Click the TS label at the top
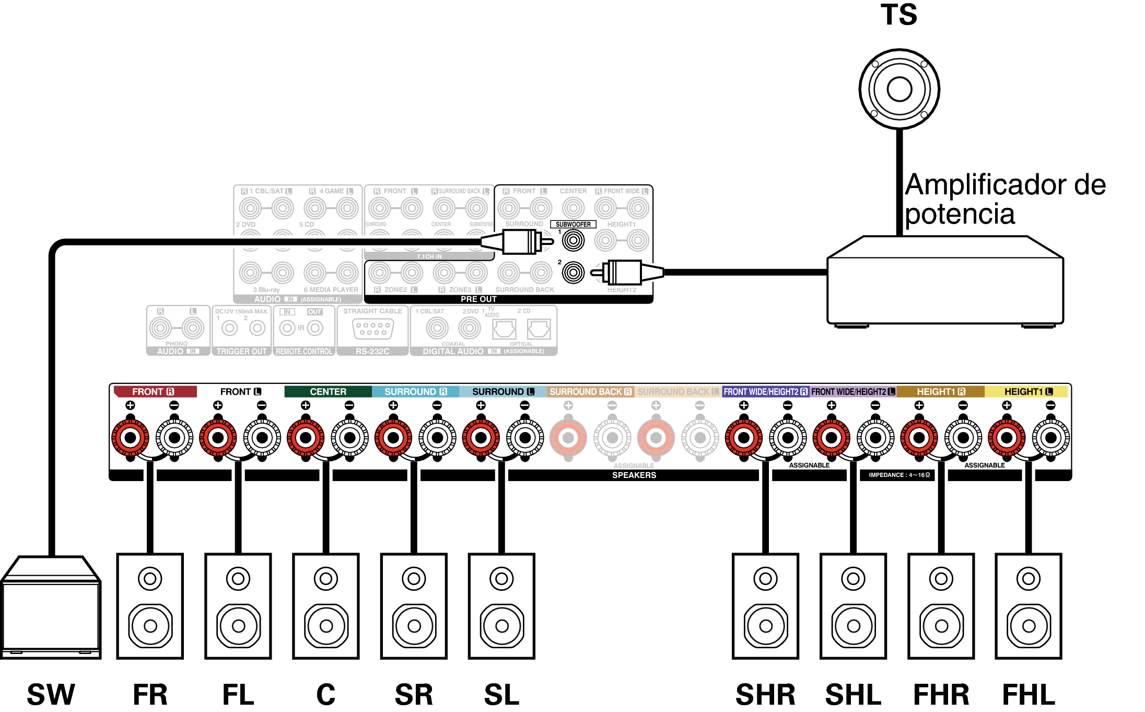point(898,15)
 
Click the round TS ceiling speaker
point(899,89)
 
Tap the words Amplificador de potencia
point(1004,199)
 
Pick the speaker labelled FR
point(150,606)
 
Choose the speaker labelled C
point(326,606)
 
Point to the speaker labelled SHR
point(765,606)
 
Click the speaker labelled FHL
point(1029,606)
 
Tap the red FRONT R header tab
point(154,392)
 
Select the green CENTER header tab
point(328,392)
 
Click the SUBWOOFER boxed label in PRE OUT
point(573,225)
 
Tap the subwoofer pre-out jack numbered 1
point(573,241)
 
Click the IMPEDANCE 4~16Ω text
point(899,475)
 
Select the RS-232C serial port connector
point(372,329)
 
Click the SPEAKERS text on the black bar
point(634,475)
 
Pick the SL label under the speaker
point(501,695)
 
